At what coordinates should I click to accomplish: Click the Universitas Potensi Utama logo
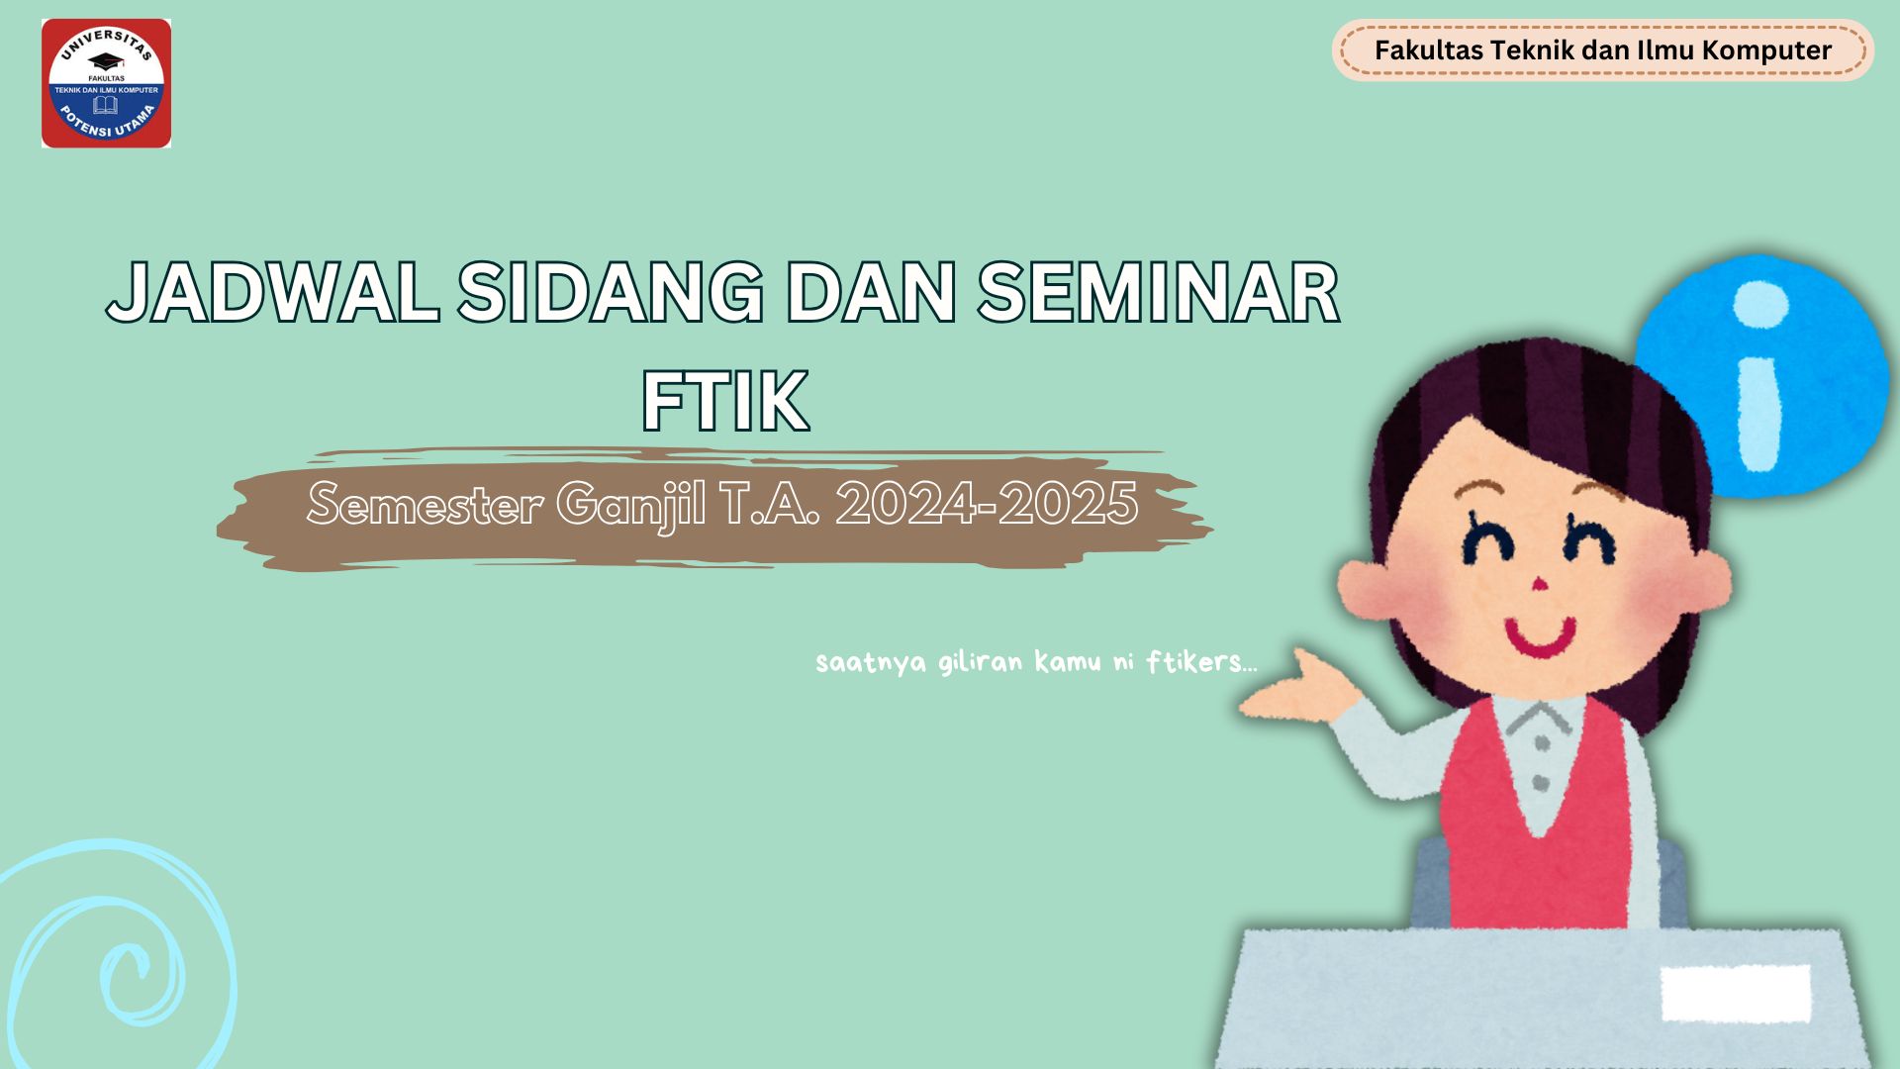tap(106, 84)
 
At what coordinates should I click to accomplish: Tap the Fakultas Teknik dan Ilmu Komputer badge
tap(1602, 50)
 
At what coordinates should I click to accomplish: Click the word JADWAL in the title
tap(273, 292)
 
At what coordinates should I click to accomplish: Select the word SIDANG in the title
tap(610, 292)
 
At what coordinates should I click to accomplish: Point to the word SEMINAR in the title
tap(1158, 292)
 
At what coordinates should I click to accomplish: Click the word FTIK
tap(725, 403)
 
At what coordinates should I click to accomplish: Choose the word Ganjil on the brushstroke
tap(631, 506)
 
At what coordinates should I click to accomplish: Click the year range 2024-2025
tap(987, 504)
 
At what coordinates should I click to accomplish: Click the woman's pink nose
tap(1539, 585)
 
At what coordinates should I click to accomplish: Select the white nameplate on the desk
tap(1735, 993)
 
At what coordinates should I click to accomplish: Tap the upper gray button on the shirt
tap(1541, 742)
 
